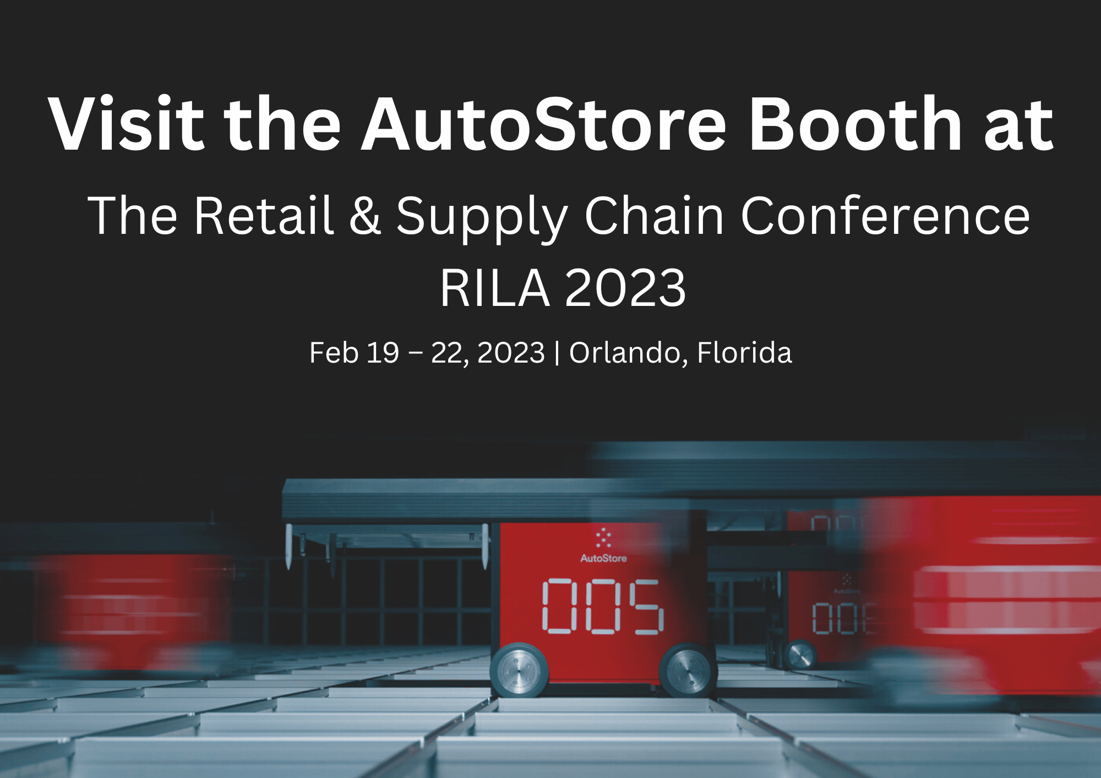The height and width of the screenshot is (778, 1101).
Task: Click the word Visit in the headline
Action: [x=127, y=124]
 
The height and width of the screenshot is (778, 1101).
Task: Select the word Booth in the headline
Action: [x=855, y=124]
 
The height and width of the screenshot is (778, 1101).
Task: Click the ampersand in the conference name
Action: [x=365, y=215]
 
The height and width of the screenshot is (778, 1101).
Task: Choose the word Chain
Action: [x=654, y=215]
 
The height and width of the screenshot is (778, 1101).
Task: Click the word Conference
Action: [x=885, y=215]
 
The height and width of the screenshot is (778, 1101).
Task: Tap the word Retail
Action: [x=264, y=215]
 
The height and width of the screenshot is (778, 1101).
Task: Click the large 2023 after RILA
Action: [x=625, y=288]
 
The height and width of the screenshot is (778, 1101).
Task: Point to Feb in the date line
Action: [x=334, y=353]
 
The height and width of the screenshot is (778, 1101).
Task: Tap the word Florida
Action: [x=744, y=353]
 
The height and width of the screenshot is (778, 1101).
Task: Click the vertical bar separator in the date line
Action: [x=557, y=353]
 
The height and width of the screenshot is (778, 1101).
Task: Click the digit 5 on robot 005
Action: [x=646, y=606]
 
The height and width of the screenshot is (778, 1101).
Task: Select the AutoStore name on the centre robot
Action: [x=603, y=558]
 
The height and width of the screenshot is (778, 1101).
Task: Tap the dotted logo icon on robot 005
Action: [x=603, y=538]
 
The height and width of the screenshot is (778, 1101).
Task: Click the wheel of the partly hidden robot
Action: [x=800, y=655]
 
